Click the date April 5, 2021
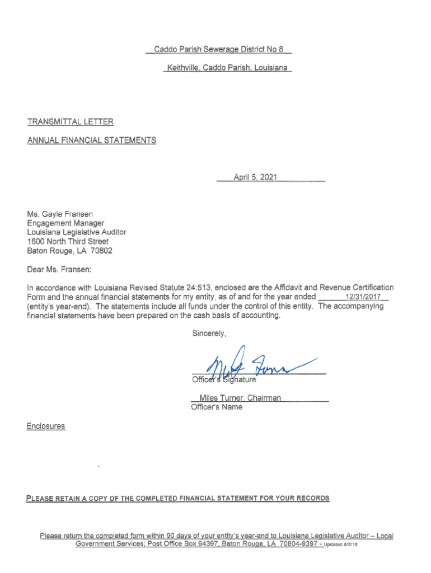255,177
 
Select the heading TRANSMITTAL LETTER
70,121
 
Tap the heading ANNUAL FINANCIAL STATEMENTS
92,140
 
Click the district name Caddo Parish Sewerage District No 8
219,49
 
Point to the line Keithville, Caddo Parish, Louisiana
227,68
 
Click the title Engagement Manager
65,223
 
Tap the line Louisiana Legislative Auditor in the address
77,232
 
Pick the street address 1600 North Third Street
68,241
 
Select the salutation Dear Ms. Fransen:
59,269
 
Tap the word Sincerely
209,334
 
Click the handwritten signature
252,367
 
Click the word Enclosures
46,426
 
